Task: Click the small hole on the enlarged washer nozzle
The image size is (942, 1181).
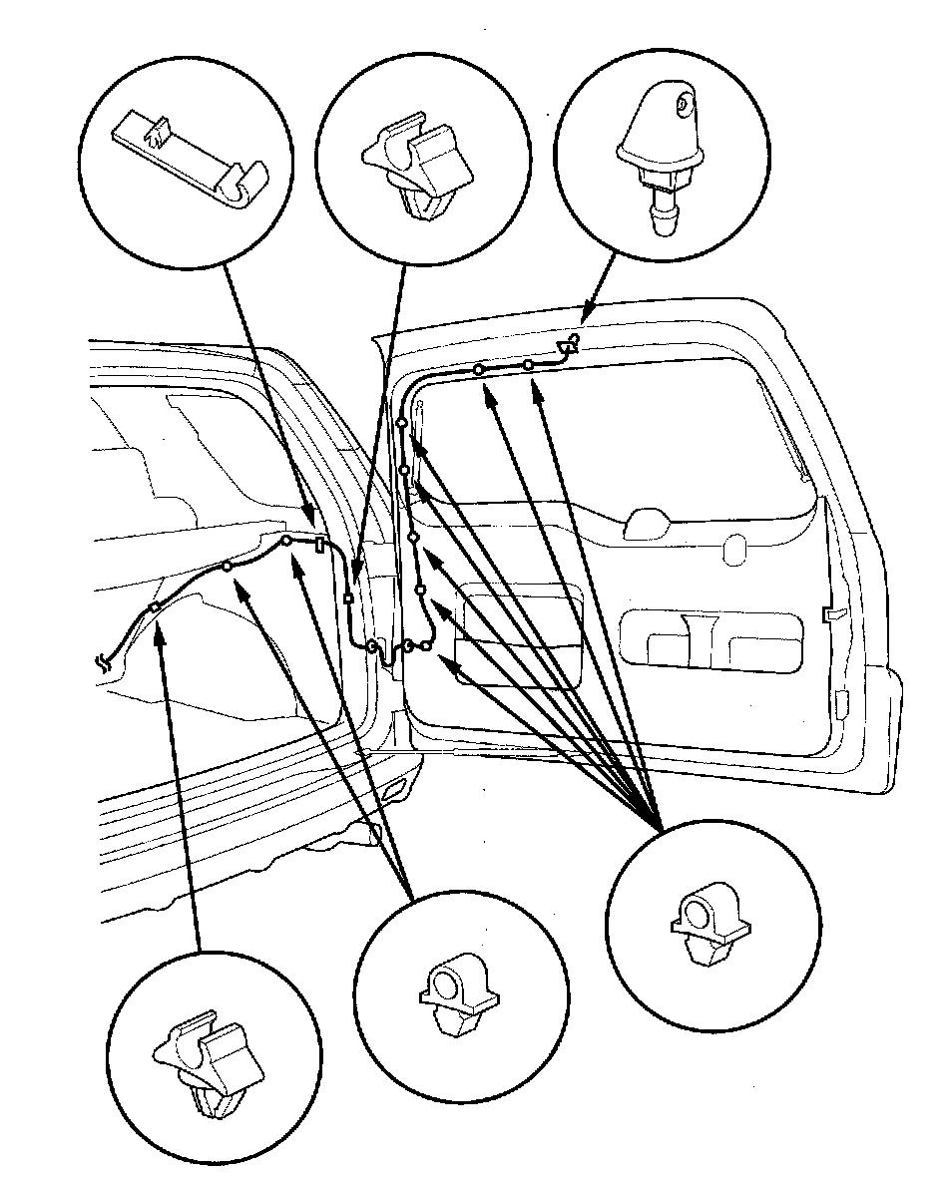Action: point(681,102)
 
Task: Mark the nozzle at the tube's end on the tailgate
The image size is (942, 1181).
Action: point(570,345)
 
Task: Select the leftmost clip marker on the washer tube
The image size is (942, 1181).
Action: point(155,607)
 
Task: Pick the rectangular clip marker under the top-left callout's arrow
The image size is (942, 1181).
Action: point(318,545)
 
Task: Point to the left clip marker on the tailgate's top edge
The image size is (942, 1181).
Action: point(480,370)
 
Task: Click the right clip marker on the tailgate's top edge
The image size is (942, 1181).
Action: point(528,366)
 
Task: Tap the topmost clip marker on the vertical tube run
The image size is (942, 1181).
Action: point(400,424)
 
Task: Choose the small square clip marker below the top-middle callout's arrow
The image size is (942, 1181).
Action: point(347,599)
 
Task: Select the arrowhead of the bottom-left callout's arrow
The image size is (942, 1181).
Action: point(161,627)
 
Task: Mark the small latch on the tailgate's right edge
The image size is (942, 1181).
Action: point(830,609)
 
